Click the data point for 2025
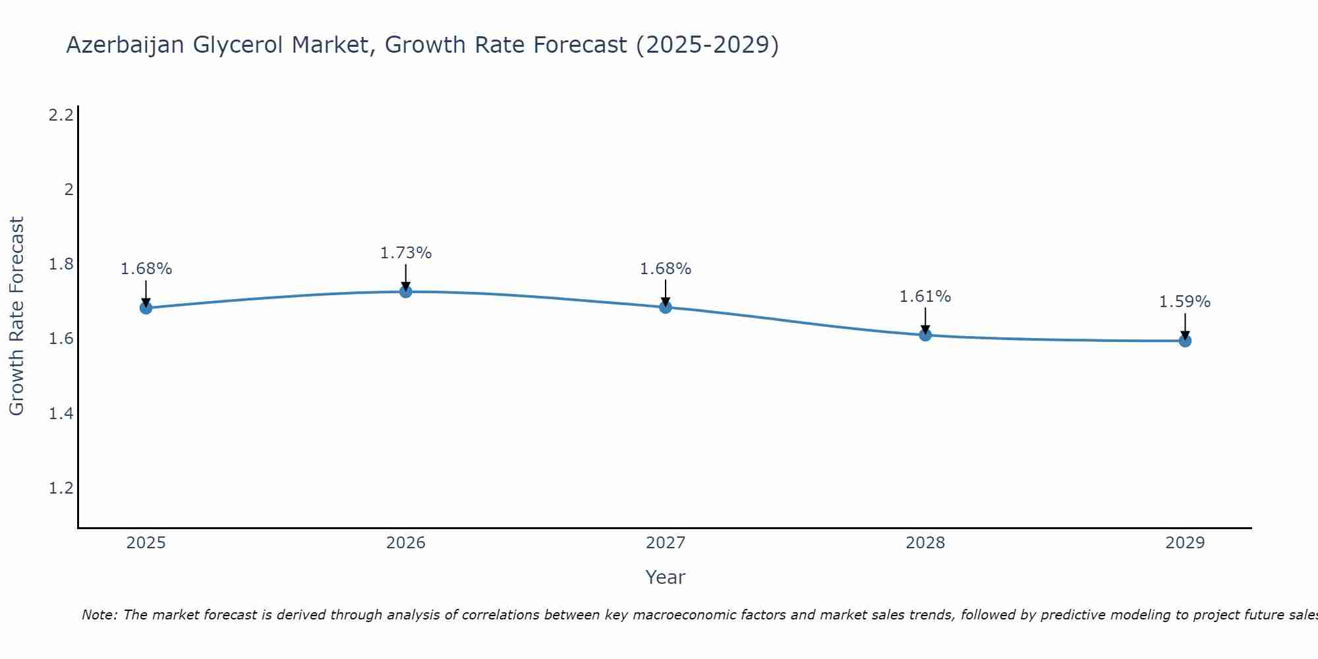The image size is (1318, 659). [146, 308]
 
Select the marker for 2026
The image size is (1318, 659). [406, 291]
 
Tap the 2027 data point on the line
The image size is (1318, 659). [666, 307]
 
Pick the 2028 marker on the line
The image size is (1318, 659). [925, 335]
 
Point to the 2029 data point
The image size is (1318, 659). [1185, 341]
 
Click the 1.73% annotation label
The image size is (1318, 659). [406, 253]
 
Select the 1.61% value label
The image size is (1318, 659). [925, 297]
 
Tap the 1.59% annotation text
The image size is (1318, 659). [1185, 302]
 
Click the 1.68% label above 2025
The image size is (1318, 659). [146, 269]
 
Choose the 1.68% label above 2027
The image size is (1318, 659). [666, 269]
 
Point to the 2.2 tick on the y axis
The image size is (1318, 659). [61, 115]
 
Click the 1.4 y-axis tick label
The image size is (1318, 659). [61, 414]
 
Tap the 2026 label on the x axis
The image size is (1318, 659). [406, 543]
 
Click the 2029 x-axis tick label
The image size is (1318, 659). [1185, 543]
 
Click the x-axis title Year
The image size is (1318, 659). [666, 577]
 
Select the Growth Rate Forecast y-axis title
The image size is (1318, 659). [16, 316]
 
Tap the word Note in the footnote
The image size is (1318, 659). [99, 615]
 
